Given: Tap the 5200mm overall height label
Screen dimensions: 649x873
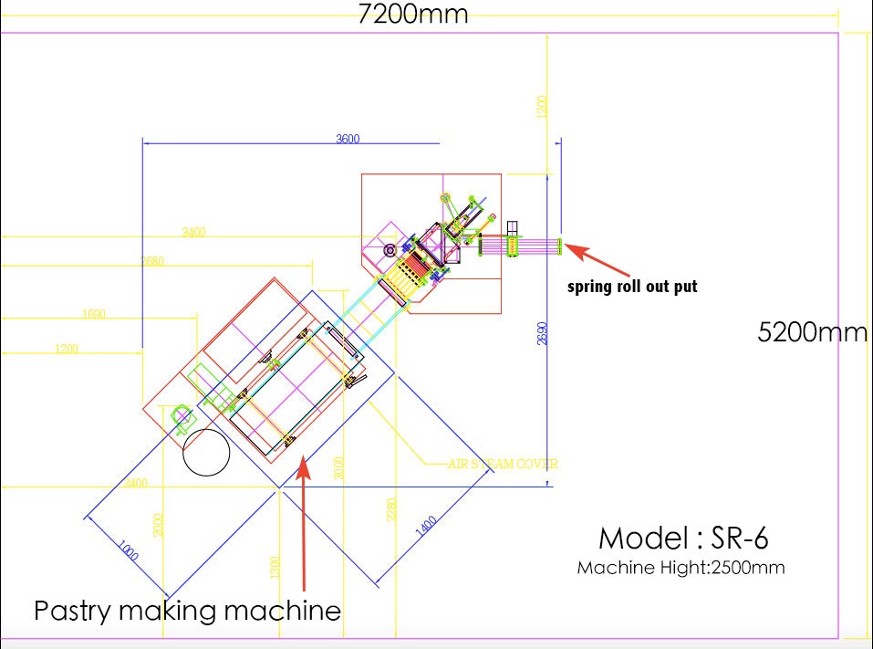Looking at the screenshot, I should [x=812, y=332].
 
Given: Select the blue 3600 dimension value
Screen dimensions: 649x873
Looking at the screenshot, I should [x=348, y=139].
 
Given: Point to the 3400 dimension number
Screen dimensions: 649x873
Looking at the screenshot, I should [x=193, y=232].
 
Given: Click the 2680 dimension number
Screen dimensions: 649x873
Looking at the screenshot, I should [x=152, y=261].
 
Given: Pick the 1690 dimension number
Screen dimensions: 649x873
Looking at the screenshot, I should [x=94, y=313].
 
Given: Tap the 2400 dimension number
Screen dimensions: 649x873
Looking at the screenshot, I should [x=134, y=482].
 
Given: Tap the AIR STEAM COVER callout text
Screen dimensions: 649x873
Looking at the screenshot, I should [x=503, y=464].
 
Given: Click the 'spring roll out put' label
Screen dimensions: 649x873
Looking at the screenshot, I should [x=632, y=287].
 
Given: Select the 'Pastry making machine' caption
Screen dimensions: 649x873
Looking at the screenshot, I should [x=187, y=610].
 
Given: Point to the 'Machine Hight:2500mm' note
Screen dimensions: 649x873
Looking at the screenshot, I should [x=681, y=568].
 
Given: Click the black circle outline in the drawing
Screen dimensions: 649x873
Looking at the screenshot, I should [x=205, y=452].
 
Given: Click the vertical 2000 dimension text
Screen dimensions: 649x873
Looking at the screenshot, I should [x=158, y=524].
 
